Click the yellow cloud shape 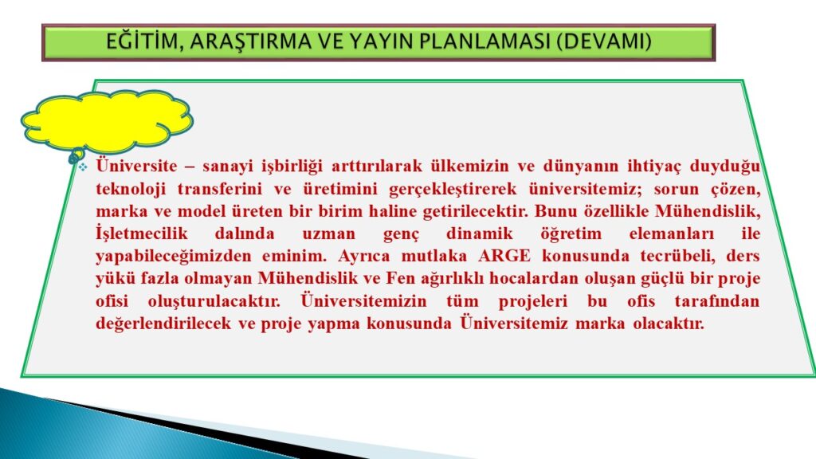[107, 122]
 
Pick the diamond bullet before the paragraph [83, 167]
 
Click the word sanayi [227, 167]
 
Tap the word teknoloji [131, 189]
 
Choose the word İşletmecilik [142, 233]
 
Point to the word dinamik [479, 233]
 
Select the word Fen [398, 278]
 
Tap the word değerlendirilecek [163, 324]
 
